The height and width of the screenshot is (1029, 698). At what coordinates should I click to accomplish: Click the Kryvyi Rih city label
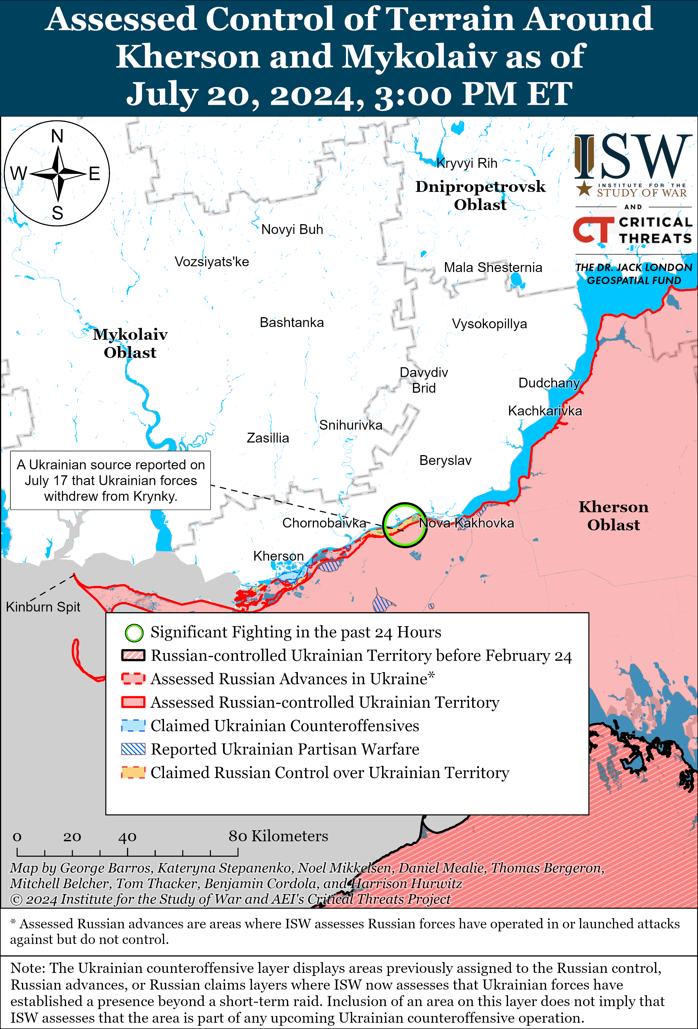(467, 163)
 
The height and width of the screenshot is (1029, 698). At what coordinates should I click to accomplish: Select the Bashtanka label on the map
(292, 322)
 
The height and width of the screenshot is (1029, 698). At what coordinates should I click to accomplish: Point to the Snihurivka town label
(350, 425)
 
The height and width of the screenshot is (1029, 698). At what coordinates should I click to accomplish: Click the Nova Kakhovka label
(466, 523)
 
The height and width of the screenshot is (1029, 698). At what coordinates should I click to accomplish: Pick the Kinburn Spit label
(43, 607)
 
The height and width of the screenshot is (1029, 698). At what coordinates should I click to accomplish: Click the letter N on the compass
(57, 136)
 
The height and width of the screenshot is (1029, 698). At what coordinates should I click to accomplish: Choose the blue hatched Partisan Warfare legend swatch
(133, 749)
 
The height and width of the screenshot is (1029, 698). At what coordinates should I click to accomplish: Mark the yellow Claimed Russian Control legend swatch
(133, 773)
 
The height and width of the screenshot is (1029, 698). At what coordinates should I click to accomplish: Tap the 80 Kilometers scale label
(278, 836)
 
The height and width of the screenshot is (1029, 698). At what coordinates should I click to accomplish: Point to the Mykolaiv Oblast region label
(130, 343)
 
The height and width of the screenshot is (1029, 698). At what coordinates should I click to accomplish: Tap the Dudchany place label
(549, 383)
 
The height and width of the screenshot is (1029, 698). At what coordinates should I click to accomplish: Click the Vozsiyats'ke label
(212, 262)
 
